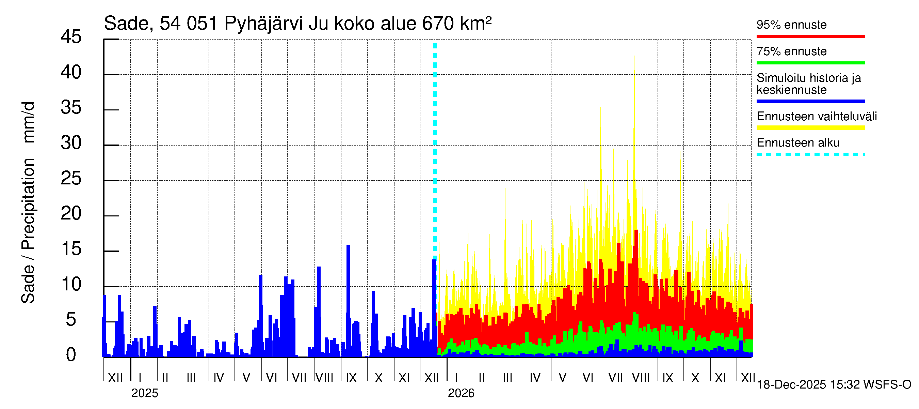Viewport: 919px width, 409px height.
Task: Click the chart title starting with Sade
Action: point(297,24)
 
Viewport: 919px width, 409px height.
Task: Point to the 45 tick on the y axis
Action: point(71,37)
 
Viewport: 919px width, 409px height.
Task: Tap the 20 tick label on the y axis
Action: point(71,214)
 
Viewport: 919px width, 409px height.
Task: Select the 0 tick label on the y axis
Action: point(71,355)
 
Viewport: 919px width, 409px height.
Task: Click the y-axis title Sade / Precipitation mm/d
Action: point(28,202)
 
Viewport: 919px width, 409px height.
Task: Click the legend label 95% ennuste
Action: point(791,25)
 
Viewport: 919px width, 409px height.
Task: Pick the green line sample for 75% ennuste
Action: point(810,63)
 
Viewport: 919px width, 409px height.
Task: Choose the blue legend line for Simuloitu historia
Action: point(810,101)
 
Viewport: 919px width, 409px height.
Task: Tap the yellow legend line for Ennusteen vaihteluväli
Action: point(810,128)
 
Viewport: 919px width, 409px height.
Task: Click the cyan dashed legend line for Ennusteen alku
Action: point(810,154)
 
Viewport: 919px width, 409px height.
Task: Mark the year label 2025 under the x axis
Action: point(144,393)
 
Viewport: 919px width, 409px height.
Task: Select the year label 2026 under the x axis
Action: point(461,393)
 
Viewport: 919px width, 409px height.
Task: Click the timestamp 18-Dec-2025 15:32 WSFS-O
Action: point(834,384)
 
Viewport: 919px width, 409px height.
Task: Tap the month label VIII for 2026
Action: point(641,378)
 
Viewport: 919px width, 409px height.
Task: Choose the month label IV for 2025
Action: point(218,378)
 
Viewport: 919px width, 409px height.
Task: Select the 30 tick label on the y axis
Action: point(71,143)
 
